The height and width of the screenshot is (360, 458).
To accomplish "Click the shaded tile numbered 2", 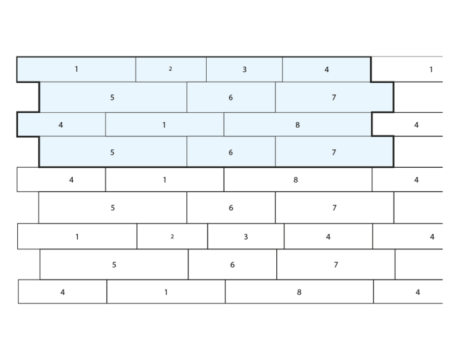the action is tap(171, 69).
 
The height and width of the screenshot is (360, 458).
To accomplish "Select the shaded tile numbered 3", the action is tap(244, 69).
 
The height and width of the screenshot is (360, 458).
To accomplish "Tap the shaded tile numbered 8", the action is tap(297, 124).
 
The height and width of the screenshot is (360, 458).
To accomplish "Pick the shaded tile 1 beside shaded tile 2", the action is tap(76, 69).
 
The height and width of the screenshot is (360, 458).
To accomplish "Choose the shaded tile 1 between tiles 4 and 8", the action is tap(165, 124).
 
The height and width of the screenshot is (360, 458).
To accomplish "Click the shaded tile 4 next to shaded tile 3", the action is tap(327, 69).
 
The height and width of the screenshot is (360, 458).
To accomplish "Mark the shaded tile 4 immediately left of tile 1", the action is tap(61, 124).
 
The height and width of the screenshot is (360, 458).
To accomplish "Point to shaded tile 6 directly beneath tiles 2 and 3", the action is tap(231, 97).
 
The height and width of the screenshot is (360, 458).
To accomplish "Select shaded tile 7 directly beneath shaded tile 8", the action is tap(335, 152).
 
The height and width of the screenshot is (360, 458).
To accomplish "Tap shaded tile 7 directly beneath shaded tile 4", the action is tap(335, 97).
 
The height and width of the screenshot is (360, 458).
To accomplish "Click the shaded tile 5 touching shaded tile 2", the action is tap(113, 97).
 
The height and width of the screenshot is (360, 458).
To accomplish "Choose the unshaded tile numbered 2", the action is tap(172, 237).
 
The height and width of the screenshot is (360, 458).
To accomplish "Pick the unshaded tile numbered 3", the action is tap(246, 237).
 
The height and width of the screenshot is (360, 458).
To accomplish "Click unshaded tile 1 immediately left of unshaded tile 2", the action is tap(77, 237).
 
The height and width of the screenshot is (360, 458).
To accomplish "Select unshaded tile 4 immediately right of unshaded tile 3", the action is tap(328, 237).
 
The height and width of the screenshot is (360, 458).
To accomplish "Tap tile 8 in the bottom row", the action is tap(299, 292).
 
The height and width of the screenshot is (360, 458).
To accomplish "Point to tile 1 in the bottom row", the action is tap(166, 292).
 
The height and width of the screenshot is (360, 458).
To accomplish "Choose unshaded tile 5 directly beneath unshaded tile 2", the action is tap(114, 264).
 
